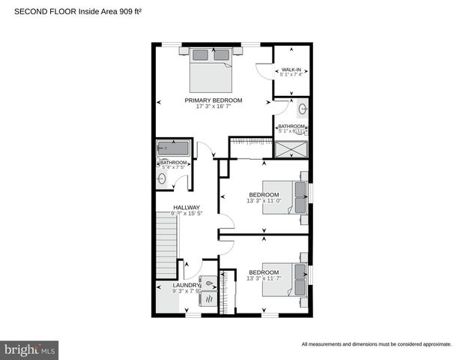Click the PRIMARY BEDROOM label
pyautogui.click(x=214, y=100)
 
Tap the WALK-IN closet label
pyautogui.click(x=291, y=69)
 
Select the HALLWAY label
pyautogui.click(x=187, y=208)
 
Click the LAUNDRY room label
pyautogui.click(x=186, y=285)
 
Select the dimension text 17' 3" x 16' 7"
pyautogui.click(x=214, y=106)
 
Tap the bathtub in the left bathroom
pyautogui.click(x=174, y=148)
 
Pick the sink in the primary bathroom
pyautogui.click(x=302, y=109)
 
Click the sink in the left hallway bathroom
pyautogui.click(x=161, y=178)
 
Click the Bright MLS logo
pyautogui.click(x=30, y=349)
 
